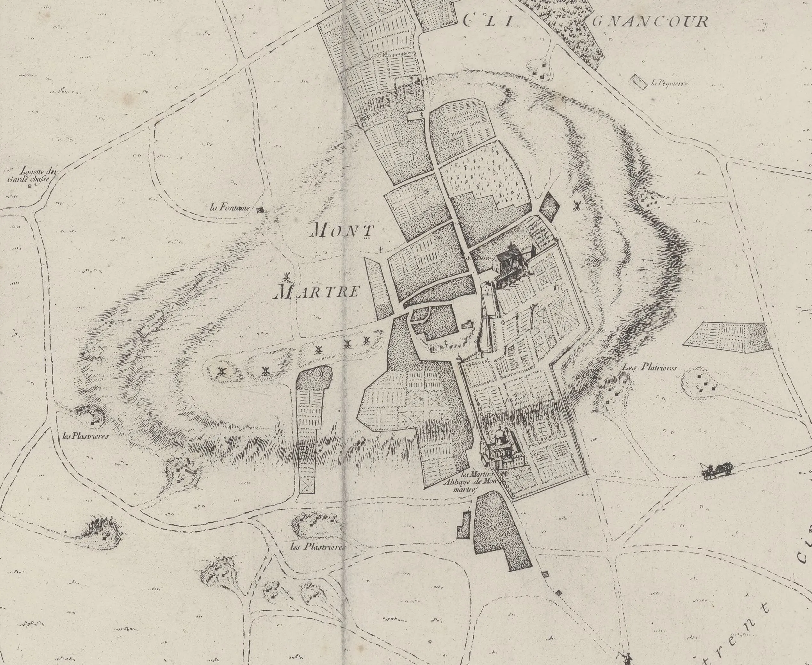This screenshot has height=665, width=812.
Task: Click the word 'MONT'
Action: tap(343, 231)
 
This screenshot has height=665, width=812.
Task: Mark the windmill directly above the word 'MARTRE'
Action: tap(285, 276)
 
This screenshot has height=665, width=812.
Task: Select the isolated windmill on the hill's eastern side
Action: tap(576, 205)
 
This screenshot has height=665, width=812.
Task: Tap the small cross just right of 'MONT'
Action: tap(380, 249)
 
